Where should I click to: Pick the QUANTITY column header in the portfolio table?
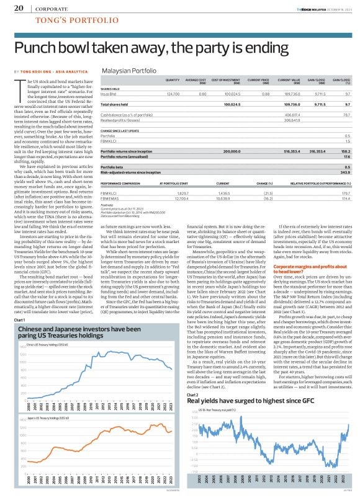click(172, 81)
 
